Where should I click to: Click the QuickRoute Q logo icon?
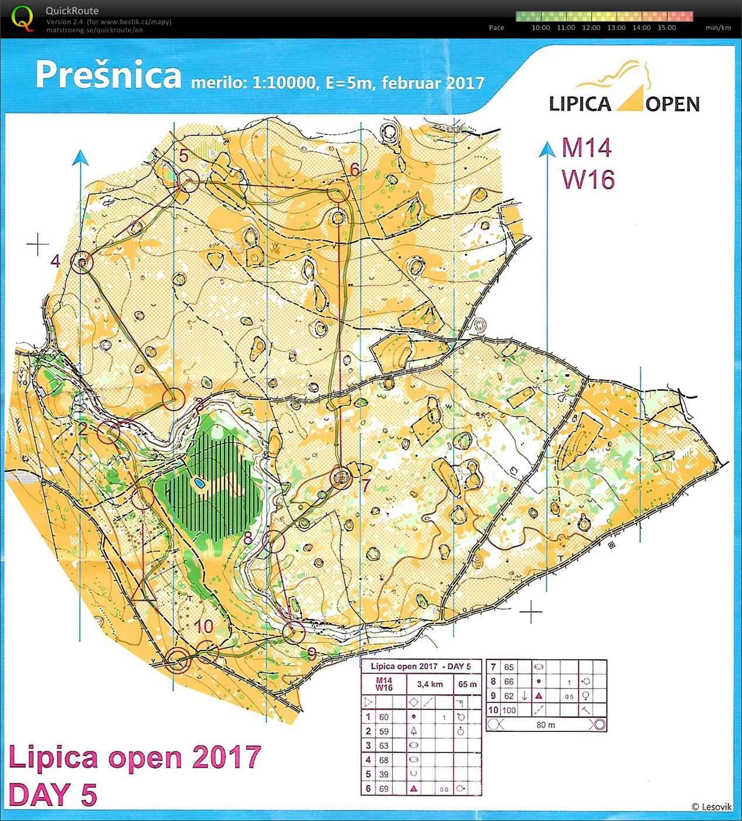22,19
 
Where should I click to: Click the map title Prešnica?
108,75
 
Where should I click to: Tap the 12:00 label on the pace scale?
591,28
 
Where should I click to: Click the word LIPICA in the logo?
580,104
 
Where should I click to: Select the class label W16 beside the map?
588,179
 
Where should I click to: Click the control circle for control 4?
82,261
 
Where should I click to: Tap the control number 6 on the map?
355,169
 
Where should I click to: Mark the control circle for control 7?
341,478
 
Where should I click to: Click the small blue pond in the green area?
199,483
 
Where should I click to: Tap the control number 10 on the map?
203,626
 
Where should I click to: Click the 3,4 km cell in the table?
430,684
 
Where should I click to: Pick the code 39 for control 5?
383,774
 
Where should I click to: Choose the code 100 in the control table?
509,710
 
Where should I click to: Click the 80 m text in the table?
545,725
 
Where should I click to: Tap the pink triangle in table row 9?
538,696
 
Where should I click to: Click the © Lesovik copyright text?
711,807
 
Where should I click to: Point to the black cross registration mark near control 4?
38,244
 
